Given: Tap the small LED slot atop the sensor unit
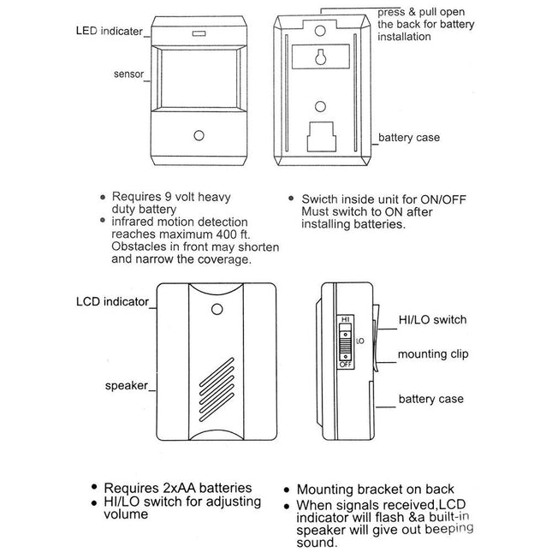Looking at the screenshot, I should (x=199, y=36).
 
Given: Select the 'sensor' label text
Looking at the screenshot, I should (x=129, y=74).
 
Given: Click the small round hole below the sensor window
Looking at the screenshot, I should (x=199, y=136).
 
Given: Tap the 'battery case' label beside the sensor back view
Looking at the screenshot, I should (x=409, y=137).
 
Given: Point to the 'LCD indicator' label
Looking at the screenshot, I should (x=112, y=301).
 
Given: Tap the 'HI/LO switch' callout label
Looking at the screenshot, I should (x=432, y=319).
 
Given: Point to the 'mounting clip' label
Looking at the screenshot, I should (x=434, y=353).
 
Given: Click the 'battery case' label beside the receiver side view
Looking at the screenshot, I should (x=432, y=399).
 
